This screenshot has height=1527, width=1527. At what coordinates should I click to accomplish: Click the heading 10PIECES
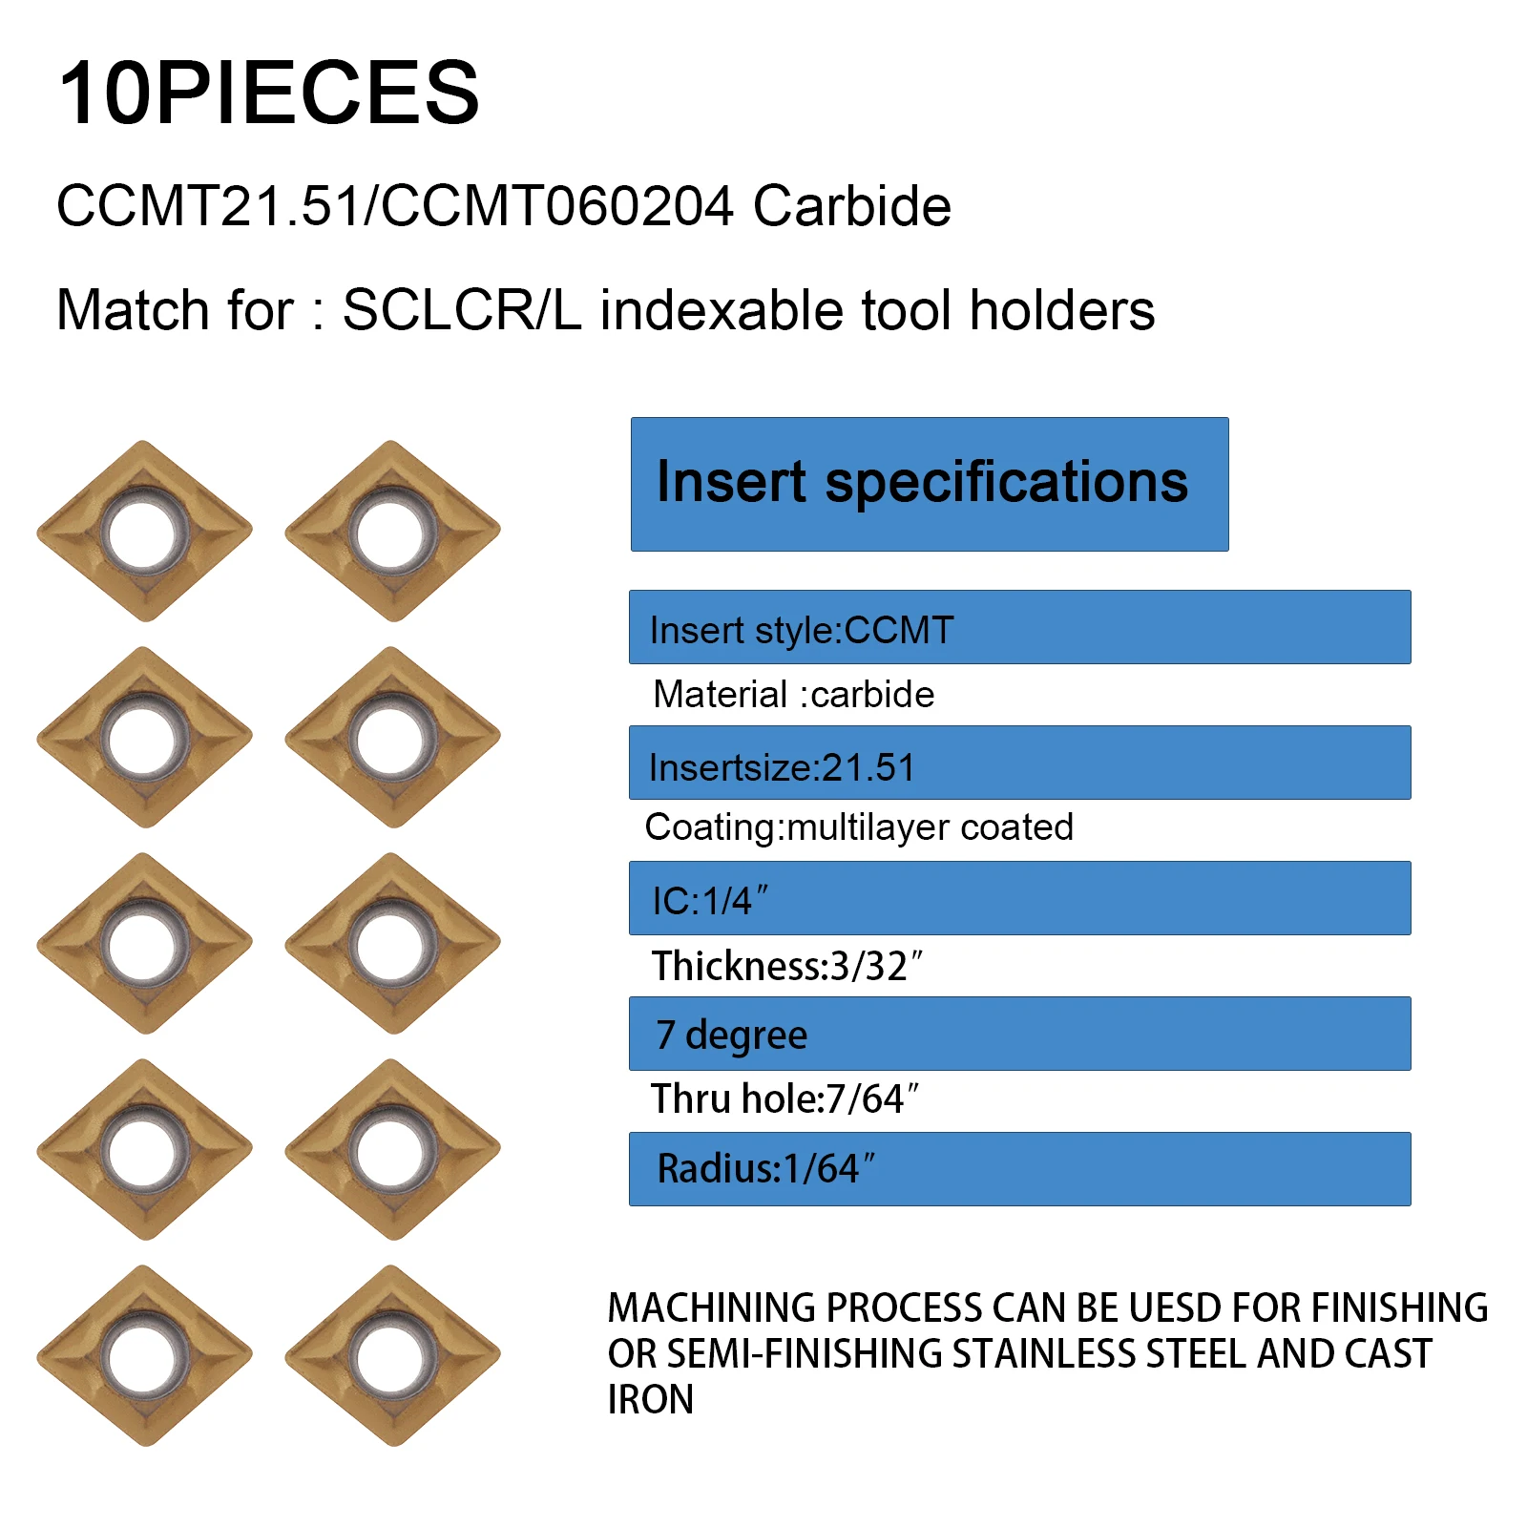pyautogui.click(x=268, y=93)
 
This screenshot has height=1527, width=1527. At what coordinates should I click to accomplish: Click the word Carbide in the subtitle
pyautogui.click(x=852, y=206)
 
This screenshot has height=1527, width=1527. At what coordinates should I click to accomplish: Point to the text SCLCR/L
pyautogui.click(x=462, y=310)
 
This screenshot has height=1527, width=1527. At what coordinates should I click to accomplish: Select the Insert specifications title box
pyautogui.click(x=930, y=484)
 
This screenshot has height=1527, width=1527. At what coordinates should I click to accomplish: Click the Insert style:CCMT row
pyautogui.click(x=1019, y=627)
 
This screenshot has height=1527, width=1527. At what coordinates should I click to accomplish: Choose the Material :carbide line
pyautogui.click(x=794, y=695)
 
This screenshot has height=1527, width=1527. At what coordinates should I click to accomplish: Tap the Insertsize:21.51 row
pyautogui.click(x=1019, y=763)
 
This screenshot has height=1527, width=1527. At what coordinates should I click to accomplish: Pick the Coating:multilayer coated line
pyautogui.click(x=859, y=827)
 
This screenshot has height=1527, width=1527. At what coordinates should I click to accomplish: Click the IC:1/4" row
pyautogui.click(x=1019, y=898)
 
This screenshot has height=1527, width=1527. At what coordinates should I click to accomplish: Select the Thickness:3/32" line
pyautogui.click(x=787, y=966)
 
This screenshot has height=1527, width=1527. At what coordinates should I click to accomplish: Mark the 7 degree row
pyautogui.click(x=1019, y=1034)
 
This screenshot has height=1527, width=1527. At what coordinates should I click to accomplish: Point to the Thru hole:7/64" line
pyautogui.click(x=784, y=1098)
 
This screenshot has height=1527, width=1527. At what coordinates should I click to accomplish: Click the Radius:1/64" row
pyautogui.click(x=1019, y=1169)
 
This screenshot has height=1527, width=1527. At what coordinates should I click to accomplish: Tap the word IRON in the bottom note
pyautogui.click(x=651, y=1400)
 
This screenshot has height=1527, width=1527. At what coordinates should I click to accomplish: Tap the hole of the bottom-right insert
pyautogui.click(x=390, y=1357)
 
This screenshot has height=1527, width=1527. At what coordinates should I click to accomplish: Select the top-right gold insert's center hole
pyautogui.click(x=390, y=533)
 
